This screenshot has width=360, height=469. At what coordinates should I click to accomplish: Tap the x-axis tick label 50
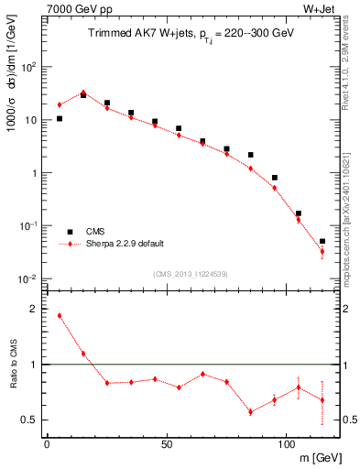click(x=167, y=443)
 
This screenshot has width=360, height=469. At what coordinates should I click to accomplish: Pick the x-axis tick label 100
click(x=286, y=443)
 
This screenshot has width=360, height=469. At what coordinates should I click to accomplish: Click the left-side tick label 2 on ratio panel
click(x=34, y=310)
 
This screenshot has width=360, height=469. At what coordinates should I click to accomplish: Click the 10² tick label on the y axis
click(x=29, y=67)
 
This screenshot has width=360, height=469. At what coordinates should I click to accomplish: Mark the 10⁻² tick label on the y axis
click(x=29, y=278)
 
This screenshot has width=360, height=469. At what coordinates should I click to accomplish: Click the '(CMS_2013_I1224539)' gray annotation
click(x=191, y=273)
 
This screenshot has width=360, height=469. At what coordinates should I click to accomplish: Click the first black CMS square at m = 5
click(x=60, y=118)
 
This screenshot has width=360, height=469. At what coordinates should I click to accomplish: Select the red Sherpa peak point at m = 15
click(x=83, y=93)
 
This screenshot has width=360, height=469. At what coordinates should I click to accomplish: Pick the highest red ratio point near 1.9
click(x=60, y=316)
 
